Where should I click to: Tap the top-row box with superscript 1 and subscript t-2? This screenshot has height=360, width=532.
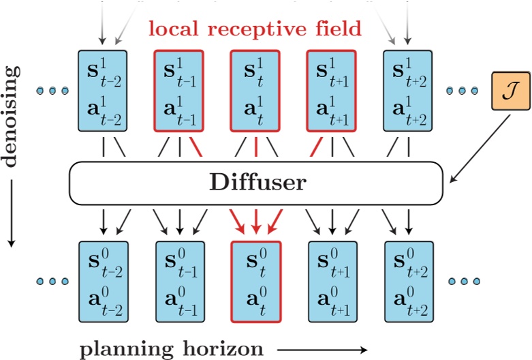pos(103,90)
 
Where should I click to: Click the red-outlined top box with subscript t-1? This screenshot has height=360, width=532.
pos(179,90)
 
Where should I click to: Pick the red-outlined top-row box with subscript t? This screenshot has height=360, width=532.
pos(255,90)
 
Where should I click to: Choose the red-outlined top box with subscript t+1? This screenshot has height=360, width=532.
pos(331,90)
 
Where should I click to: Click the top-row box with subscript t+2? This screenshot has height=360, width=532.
pos(407,90)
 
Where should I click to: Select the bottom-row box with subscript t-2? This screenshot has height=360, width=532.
pos(103,281)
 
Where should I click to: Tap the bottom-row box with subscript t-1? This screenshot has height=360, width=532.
pos(179,281)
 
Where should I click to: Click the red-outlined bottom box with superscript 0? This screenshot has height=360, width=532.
pos(255,281)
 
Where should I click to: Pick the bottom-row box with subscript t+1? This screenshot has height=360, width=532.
pos(331,281)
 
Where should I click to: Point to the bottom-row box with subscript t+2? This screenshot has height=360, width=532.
pos(407,281)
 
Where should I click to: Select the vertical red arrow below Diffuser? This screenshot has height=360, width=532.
pos(255,220)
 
